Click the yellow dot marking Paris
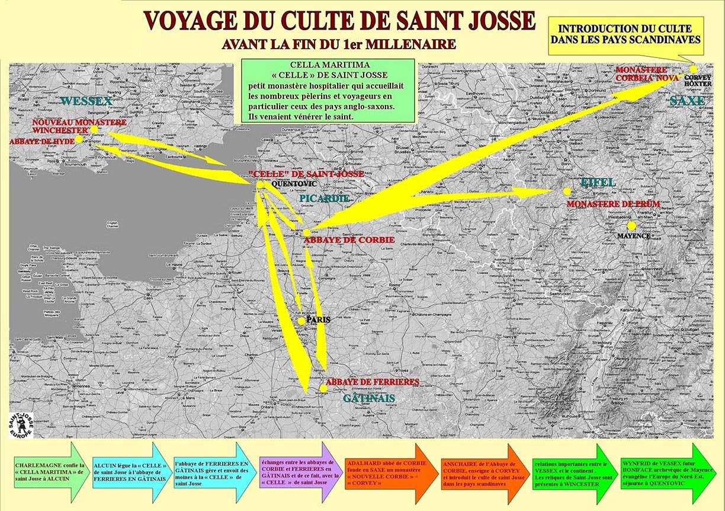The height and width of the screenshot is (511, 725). (301, 321)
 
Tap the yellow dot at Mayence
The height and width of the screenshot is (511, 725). (631, 225)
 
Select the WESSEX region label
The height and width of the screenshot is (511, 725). (85, 101)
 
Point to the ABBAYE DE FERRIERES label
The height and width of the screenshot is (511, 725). (373, 382)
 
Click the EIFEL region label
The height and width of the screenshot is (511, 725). (598, 182)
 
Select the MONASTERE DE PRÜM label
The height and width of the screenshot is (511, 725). (613, 204)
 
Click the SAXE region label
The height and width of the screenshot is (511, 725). (687, 101)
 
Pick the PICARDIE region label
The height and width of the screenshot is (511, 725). (324, 198)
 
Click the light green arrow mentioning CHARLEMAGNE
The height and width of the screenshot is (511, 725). (50, 472)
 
